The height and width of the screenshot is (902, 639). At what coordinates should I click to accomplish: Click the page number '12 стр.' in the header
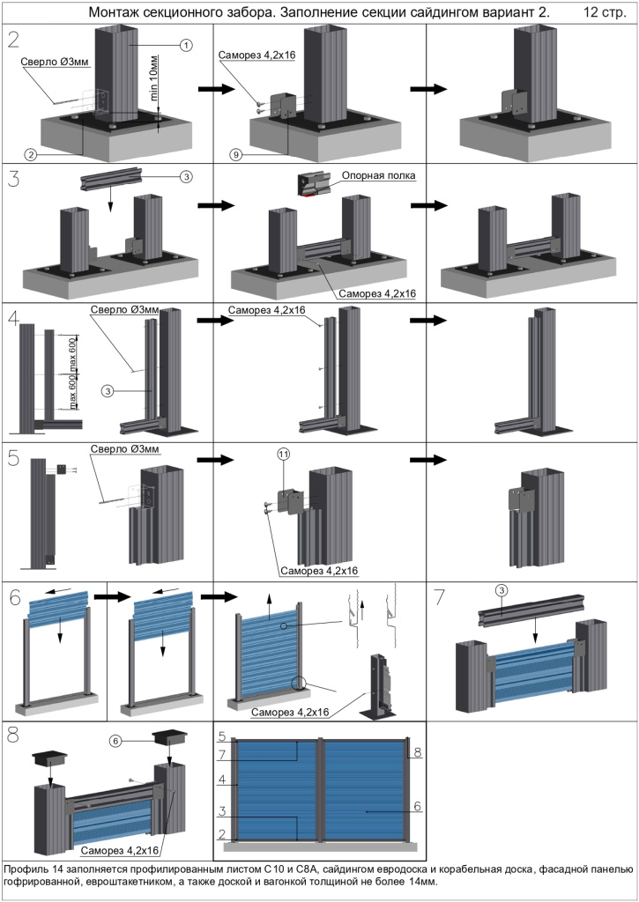click(604, 13)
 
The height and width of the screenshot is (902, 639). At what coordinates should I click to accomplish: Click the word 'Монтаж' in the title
click(118, 13)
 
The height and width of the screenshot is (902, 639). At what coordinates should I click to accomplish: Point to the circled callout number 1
click(185, 45)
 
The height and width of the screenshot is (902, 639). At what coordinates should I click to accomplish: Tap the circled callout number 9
click(234, 155)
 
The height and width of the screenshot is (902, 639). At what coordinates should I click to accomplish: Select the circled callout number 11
click(283, 455)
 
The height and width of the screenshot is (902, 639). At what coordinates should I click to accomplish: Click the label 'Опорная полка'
click(379, 175)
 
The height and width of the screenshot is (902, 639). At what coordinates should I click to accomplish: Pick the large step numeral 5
click(13, 459)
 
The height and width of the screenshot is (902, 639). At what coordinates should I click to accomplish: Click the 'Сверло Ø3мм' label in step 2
click(56, 63)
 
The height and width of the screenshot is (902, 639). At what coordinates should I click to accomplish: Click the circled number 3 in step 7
click(500, 589)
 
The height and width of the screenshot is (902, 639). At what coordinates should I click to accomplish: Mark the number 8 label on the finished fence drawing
click(417, 752)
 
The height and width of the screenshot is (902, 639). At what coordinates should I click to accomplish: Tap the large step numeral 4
click(13, 319)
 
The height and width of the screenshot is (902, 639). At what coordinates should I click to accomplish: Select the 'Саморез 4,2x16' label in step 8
click(119, 851)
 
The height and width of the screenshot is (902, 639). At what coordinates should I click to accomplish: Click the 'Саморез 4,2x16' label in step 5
click(320, 570)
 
